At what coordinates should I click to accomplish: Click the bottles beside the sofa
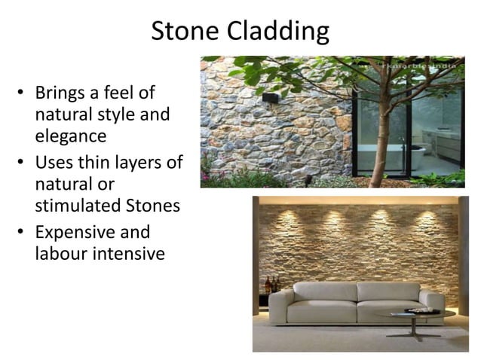point(271,285)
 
